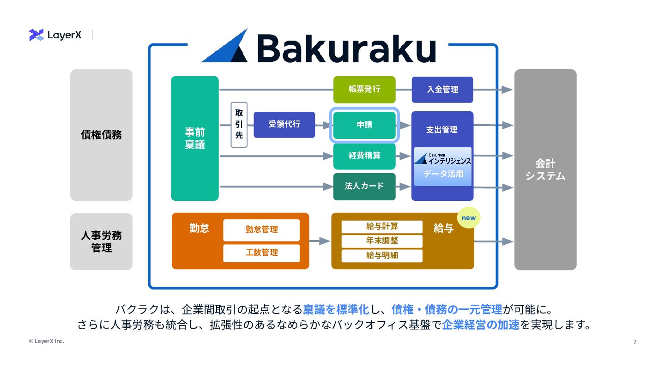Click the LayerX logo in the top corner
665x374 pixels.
point(55,35)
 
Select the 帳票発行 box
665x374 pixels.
point(364,90)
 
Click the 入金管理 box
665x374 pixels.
point(442,90)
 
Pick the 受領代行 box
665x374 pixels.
point(284,125)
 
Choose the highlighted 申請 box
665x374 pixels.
point(364,125)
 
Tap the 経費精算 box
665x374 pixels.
point(364,156)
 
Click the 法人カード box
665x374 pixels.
point(364,187)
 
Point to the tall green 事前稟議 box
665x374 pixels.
point(194,139)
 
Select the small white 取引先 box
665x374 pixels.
point(239,125)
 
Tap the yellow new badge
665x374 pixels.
point(469,217)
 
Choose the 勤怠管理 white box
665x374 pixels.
point(261,230)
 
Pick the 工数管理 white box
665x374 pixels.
point(261,253)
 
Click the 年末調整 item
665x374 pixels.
point(382,241)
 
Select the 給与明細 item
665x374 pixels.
point(382,255)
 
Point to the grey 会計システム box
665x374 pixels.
point(545,169)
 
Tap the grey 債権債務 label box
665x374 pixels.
point(101,135)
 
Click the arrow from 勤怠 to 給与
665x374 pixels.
point(320,241)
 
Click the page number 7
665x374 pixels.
point(635,342)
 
